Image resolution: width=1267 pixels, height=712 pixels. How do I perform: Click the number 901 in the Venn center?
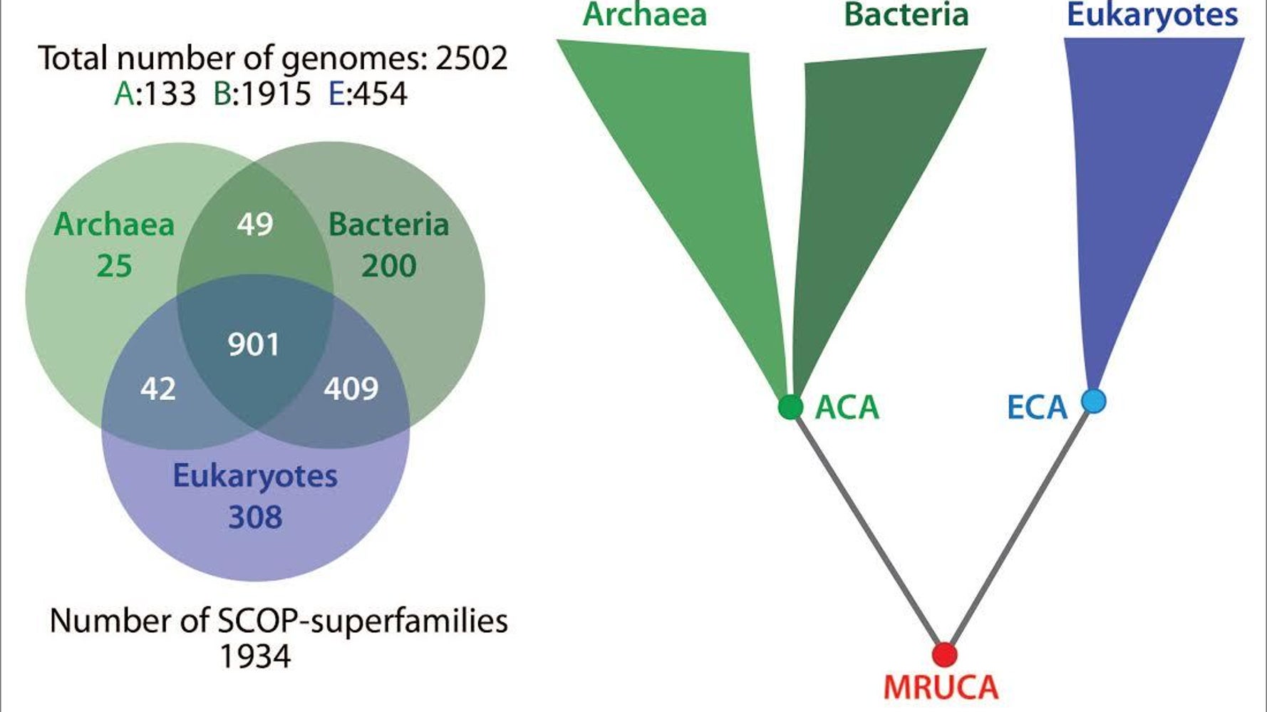[x=254, y=345]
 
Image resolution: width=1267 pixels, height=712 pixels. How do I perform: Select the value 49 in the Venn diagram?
[x=255, y=225]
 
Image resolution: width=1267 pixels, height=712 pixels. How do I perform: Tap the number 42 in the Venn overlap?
[x=157, y=389]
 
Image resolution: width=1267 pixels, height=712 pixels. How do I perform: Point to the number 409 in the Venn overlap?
[x=351, y=389]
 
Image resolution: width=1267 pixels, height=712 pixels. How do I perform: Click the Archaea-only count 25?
[x=114, y=267]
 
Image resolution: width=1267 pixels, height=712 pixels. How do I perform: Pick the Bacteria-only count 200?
[x=388, y=267]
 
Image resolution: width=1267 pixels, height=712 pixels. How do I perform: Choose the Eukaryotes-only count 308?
[x=255, y=517]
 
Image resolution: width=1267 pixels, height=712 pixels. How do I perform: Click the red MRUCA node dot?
[x=945, y=654]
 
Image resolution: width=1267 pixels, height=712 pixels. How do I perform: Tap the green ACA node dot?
[x=790, y=407]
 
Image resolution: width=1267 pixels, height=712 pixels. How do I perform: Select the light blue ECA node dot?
[x=1094, y=401]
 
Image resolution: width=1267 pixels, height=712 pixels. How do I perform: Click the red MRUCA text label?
[x=941, y=688]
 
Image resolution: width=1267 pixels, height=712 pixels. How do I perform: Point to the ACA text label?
[x=847, y=408]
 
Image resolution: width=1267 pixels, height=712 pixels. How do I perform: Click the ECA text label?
[x=1037, y=408]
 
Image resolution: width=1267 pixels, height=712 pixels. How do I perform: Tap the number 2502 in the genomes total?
[x=471, y=58]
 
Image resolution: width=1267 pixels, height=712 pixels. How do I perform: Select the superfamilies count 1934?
[x=255, y=656]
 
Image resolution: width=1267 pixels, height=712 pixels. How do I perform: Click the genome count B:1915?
[x=262, y=94]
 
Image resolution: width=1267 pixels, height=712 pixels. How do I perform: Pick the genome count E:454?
[x=368, y=94]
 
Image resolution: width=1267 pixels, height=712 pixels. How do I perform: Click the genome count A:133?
[x=155, y=94]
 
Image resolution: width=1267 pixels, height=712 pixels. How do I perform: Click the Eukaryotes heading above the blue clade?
[x=1152, y=16]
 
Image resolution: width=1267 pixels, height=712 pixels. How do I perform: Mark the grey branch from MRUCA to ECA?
[x=1019, y=527]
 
